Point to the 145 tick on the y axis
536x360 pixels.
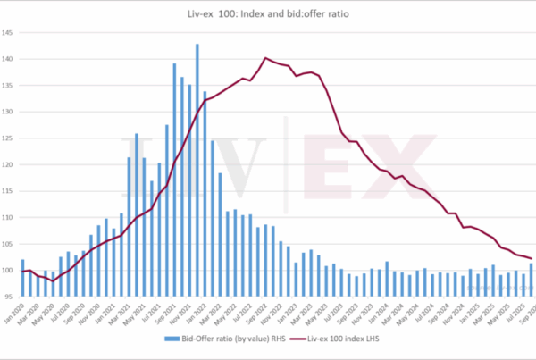(x=8, y=33)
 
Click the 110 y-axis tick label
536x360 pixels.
(x=8, y=217)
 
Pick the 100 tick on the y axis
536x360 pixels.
(x=8, y=270)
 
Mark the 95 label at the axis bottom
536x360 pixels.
(x=9, y=296)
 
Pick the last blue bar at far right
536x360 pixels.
(x=532, y=280)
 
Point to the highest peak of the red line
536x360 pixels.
(x=265, y=58)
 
